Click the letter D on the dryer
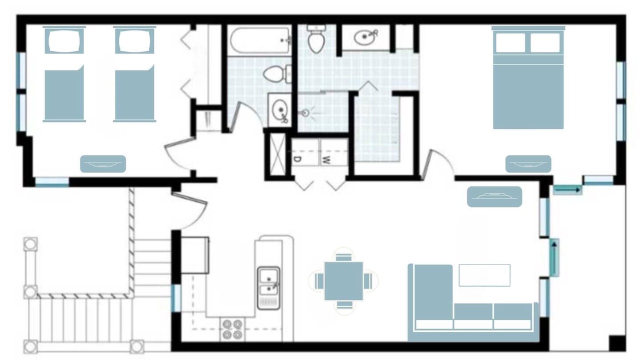297,159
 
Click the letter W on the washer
326,160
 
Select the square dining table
343,281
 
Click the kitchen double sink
268,287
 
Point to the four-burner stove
232,329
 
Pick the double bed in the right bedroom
528,77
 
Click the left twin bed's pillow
64,40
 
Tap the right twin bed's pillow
134,40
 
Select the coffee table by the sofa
484,275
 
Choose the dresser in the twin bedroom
103,164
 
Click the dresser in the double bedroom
528,164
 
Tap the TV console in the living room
494,196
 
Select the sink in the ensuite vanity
365,37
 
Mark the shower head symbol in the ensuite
305,113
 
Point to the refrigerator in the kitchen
195,255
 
